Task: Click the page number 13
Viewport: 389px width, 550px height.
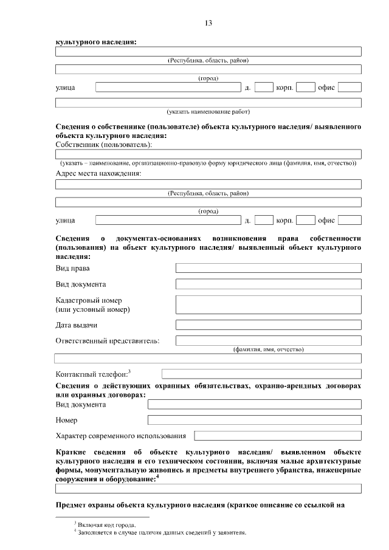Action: [208, 23]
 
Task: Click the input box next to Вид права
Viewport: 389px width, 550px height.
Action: [268, 268]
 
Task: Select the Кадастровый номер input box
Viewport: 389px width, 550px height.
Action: [268, 304]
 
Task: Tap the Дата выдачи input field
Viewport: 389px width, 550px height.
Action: [268, 325]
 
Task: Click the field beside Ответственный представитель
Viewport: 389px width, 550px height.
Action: [268, 340]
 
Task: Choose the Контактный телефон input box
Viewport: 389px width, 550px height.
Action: [261, 374]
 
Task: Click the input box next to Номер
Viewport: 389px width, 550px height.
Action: [254, 420]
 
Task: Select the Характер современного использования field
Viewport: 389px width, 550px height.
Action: [277, 436]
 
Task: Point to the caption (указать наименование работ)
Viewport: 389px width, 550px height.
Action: [208, 112]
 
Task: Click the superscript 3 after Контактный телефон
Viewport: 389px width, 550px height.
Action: [129, 371]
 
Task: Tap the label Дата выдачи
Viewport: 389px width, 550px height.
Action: [77, 325]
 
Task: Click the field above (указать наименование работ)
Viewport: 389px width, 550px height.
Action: [208, 103]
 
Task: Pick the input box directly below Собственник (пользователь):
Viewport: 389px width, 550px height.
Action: [208, 154]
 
